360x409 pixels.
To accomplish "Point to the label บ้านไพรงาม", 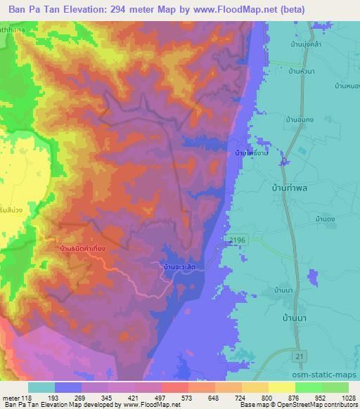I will (x=256, y=152).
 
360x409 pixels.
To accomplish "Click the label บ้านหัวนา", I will (x=304, y=70).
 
